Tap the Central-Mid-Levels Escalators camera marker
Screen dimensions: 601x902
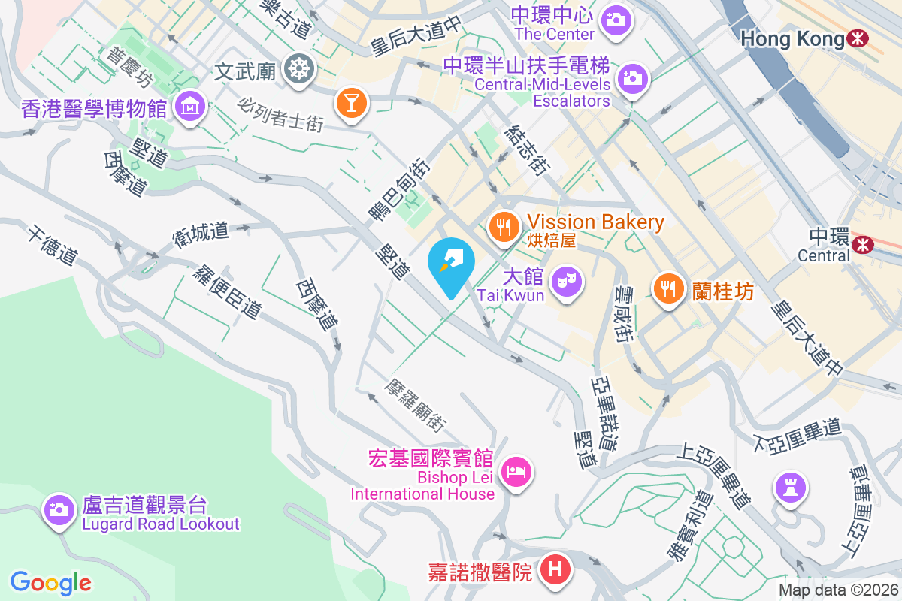632,78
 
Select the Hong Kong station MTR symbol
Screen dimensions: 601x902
856,38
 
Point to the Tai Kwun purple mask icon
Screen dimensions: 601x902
564,282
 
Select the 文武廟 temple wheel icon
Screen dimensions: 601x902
298,70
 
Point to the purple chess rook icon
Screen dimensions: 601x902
790,487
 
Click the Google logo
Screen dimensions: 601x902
51,583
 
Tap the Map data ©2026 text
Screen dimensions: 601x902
837,590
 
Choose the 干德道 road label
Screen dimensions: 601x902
53,244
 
